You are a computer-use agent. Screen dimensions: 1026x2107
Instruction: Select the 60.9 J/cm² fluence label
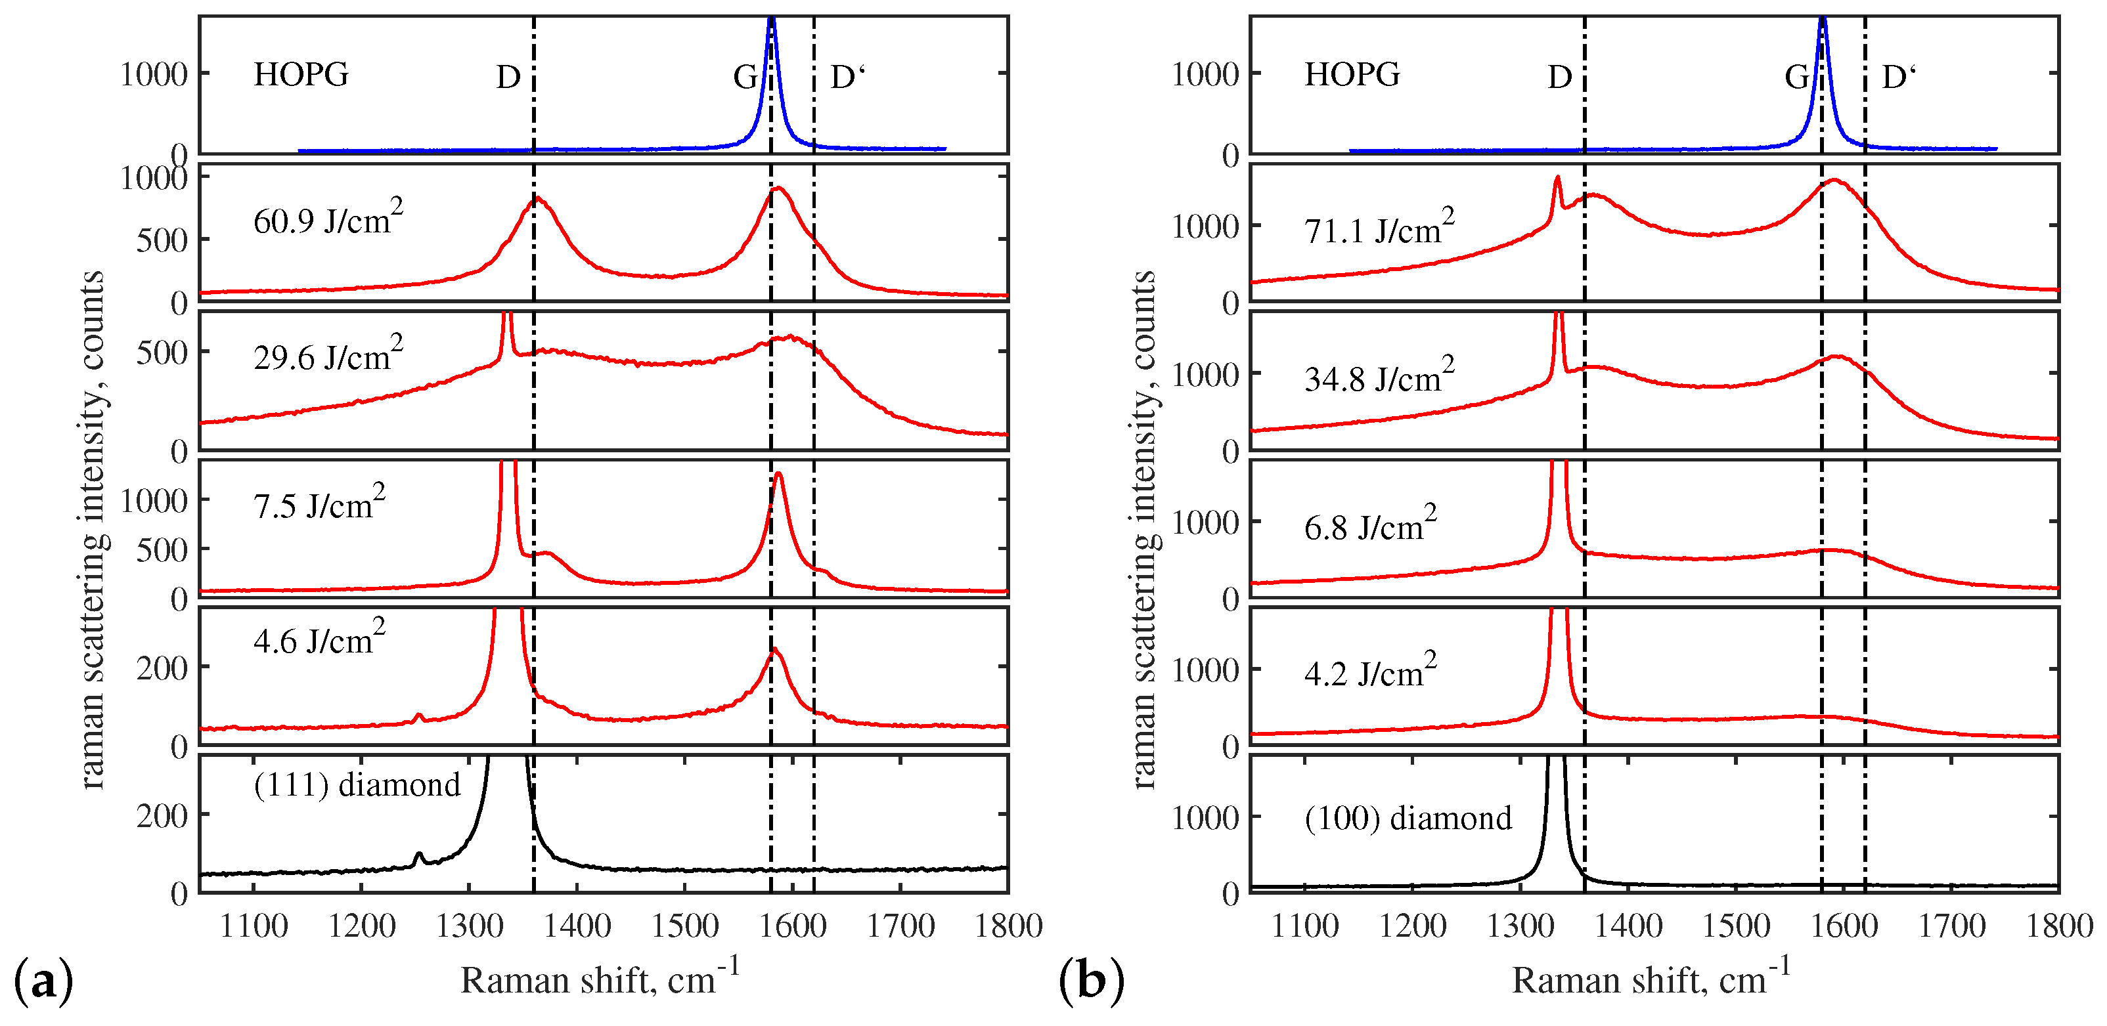[x=328, y=219]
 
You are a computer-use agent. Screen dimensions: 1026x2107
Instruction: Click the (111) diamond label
[x=357, y=785]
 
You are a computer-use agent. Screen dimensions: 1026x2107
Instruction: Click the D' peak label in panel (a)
[x=847, y=77]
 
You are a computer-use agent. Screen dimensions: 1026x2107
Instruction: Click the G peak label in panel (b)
[x=1796, y=77]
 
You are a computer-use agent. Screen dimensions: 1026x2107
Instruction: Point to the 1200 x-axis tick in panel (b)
[x=1413, y=926]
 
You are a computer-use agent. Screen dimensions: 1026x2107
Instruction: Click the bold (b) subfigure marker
[x=1092, y=980]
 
